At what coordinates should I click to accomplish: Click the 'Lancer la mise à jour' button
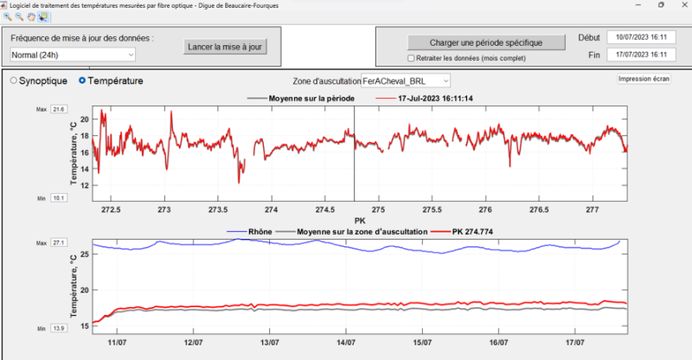(x=226, y=46)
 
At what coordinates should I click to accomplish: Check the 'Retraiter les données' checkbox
(x=412, y=59)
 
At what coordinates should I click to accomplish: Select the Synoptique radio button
(x=14, y=80)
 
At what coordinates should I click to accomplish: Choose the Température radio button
(x=82, y=80)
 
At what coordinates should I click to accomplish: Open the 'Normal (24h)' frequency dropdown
(x=73, y=55)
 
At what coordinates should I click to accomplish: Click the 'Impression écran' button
(x=644, y=79)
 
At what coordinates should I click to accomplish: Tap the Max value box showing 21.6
(x=59, y=110)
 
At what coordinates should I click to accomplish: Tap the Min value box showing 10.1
(x=59, y=198)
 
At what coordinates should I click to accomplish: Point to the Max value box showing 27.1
(x=59, y=243)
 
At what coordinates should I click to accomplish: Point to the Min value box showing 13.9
(x=59, y=329)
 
